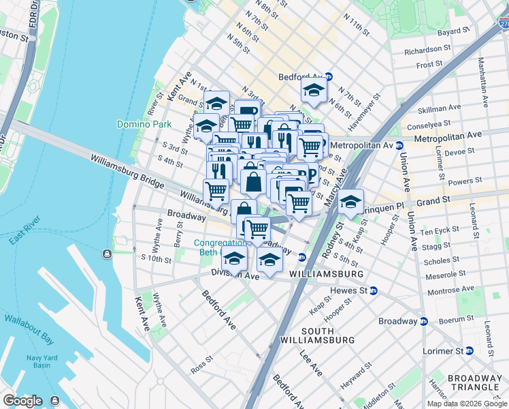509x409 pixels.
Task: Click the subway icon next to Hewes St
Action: pos(373,291)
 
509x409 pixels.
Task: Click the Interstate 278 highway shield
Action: pos(502,25)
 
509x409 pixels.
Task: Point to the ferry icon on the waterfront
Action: pos(108,254)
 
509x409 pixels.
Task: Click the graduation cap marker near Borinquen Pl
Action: pos(350,202)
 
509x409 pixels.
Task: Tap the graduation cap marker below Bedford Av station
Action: pos(314,91)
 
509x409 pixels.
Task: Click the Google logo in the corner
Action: pos(22,401)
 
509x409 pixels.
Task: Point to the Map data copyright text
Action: pos(467,404)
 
